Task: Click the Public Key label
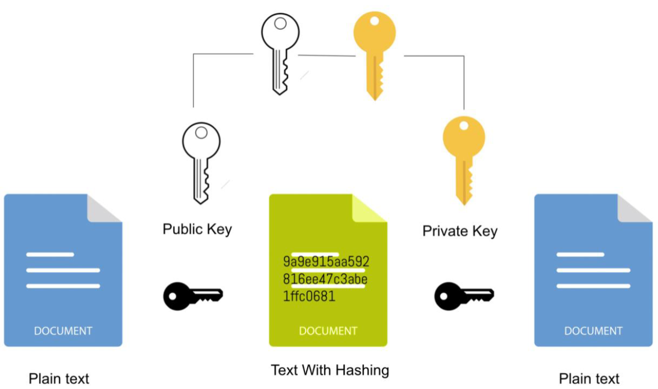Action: (x=197, y=229)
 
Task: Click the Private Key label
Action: (x=460, y=231)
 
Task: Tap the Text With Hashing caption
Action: (x=330, y=370)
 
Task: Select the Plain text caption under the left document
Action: (x=59, y=378)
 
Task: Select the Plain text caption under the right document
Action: (x=589, y=378)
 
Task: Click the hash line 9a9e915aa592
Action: (x=326, y=262)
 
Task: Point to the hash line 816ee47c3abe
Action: (x=325, y=279)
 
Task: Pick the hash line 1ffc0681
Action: (x=309, y=296)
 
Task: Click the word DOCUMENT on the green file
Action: (x=328, y=331)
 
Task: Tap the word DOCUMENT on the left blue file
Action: (x=63, y=331)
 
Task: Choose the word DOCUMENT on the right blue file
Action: (x=593, y=331)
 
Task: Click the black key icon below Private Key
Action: (x=463, y=296)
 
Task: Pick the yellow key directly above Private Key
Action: (x=463, y=158)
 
